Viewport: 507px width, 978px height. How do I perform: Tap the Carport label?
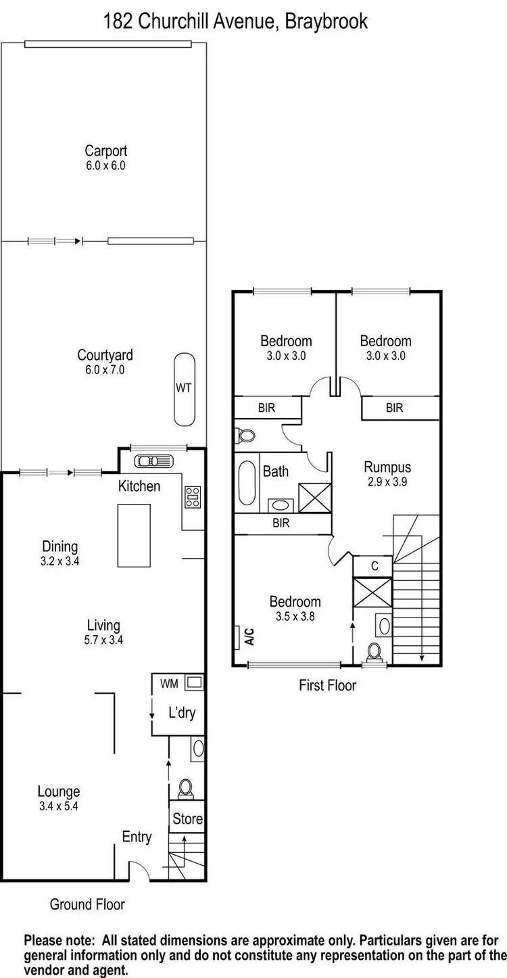click(x=105, y=151)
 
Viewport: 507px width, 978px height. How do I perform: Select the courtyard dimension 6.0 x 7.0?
click(x=105, y=369)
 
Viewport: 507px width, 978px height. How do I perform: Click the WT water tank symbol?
click(x=183, y=387)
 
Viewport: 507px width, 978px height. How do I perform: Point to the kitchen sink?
click(x=154, y=461)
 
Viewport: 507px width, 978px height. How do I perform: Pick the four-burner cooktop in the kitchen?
click(x=193, y=497)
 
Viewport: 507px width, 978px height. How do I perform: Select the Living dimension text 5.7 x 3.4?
click(x=103, y=640)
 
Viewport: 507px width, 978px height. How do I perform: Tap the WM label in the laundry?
click(x=168, y=683)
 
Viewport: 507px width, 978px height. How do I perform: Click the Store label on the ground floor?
click(x=187, y=819)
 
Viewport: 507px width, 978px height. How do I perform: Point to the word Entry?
click(x=137, y=837)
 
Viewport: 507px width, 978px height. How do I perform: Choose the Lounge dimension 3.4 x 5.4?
click(x=59, y=806)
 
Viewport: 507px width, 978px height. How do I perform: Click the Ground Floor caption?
click(x=87, y=904)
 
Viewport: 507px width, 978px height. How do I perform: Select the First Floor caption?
click(x=327, y=685)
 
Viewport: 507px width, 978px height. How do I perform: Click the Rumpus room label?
click(x=387, y=467)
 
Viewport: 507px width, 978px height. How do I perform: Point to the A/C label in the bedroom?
click(x=249, y=636)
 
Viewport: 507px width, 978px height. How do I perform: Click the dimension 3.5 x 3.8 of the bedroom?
click(x=295, y=616)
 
